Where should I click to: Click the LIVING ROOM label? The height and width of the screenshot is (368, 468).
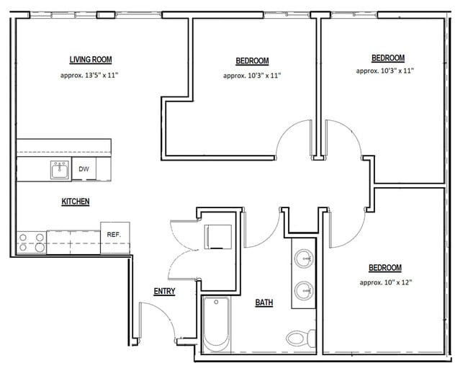90,60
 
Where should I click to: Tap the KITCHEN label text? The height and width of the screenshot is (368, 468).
75,202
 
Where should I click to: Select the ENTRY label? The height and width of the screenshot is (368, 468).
164,291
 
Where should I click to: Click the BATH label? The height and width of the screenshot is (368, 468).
264,303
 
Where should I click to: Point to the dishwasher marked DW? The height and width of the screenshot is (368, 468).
84,169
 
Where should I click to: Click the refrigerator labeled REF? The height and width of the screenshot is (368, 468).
114,235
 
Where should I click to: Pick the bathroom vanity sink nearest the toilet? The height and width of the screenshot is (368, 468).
305,290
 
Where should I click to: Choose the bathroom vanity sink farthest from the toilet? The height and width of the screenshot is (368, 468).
305,257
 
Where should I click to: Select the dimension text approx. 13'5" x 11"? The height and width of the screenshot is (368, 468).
90,75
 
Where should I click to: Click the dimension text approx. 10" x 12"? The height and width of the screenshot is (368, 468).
385,282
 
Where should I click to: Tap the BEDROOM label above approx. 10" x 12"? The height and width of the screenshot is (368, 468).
385,268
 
